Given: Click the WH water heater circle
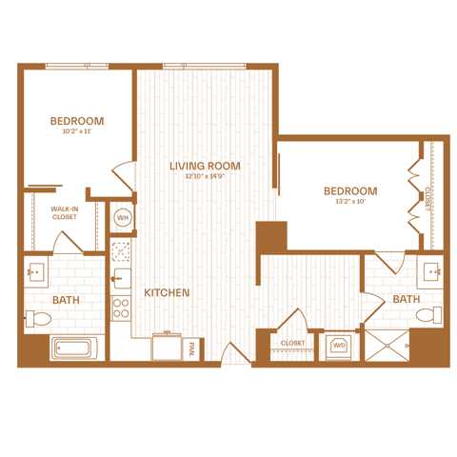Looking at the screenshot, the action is [123, 218].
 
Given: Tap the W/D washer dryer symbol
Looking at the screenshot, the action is [339, 346].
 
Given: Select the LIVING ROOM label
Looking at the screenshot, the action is [205, 166].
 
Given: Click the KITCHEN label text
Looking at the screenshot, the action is [167, 292].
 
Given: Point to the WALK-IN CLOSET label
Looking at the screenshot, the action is [65, 213].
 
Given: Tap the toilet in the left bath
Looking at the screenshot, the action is [38, 319].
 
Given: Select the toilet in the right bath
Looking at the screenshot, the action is [428, 315].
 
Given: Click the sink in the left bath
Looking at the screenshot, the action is [36, 272].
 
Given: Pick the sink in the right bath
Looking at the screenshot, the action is [431, 271].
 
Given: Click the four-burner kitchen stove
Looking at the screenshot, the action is [121, 308].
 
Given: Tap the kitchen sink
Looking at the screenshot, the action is [122, 279].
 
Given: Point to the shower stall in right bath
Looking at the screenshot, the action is [387, 346].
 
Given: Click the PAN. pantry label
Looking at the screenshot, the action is [191, 349].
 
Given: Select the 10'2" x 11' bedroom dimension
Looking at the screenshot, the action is [77, 131].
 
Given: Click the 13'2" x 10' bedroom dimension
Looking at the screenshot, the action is [350, 201].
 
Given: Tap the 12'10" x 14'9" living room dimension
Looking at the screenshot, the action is [205, 176].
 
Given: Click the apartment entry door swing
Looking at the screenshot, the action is [236, 352].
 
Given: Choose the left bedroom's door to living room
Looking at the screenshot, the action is [123, 176].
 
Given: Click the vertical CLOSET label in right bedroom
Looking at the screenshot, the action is [427, 199].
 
